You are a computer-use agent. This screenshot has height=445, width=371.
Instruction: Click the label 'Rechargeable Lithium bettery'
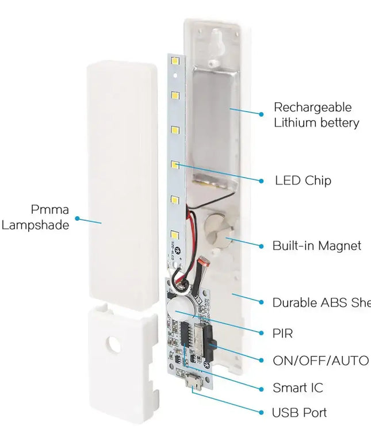316,115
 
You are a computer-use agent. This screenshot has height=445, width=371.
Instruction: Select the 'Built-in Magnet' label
316,245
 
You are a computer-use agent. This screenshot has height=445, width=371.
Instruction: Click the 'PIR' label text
282,333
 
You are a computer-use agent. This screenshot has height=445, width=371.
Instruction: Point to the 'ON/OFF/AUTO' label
320,360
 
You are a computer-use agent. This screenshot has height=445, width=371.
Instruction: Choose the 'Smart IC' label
297,388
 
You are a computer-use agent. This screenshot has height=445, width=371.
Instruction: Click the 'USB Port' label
299,413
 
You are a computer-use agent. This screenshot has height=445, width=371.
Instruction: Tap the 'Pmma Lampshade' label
43,217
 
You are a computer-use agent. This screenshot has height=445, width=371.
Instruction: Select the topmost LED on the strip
174,61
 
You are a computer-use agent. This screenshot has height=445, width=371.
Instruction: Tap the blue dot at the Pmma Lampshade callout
78,219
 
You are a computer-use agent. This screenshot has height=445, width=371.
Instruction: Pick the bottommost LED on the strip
174,234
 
